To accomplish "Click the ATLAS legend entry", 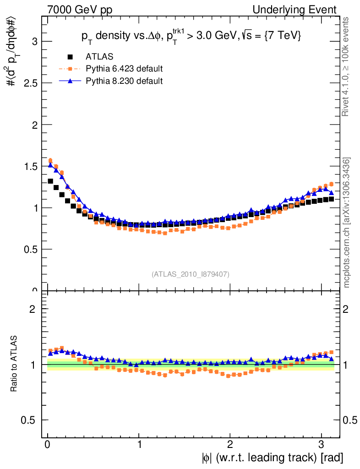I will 99,57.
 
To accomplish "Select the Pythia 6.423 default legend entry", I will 124,69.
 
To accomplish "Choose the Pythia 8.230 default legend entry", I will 124,81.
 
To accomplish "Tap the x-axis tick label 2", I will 230,444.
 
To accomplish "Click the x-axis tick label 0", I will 48,444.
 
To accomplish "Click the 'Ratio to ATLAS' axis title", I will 14,364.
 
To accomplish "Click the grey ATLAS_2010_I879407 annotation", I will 191,274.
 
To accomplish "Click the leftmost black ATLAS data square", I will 50,181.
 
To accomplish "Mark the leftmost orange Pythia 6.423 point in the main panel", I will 50,161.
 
